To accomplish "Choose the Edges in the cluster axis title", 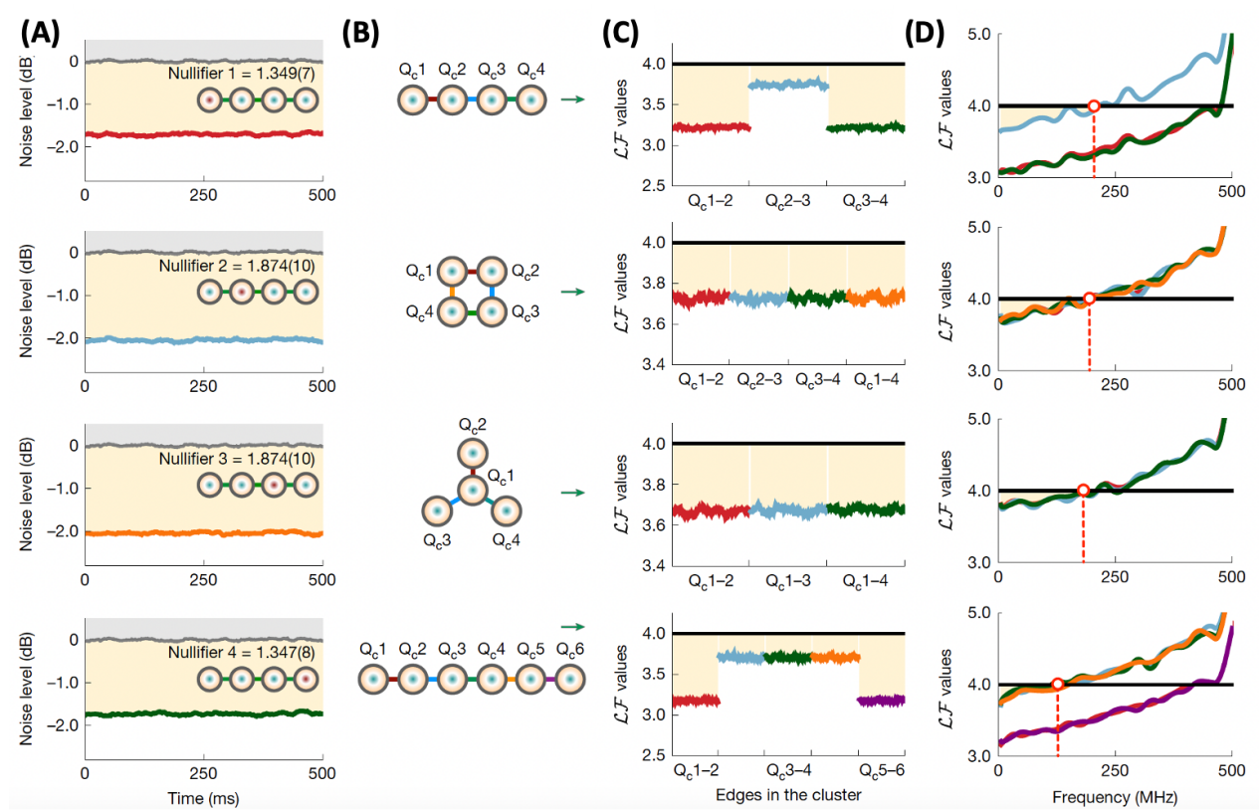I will tap(788, 795).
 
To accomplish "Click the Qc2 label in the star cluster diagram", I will tap(472, 424).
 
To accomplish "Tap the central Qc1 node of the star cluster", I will tap(472, 490).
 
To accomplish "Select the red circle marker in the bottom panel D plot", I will tap(1057, 685).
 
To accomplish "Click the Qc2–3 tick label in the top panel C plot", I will tap(788, 201).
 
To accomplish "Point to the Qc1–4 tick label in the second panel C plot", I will tap(877, 380).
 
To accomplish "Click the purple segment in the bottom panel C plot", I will tap(882, 700).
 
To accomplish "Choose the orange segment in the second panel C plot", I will tap(876, 296).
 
